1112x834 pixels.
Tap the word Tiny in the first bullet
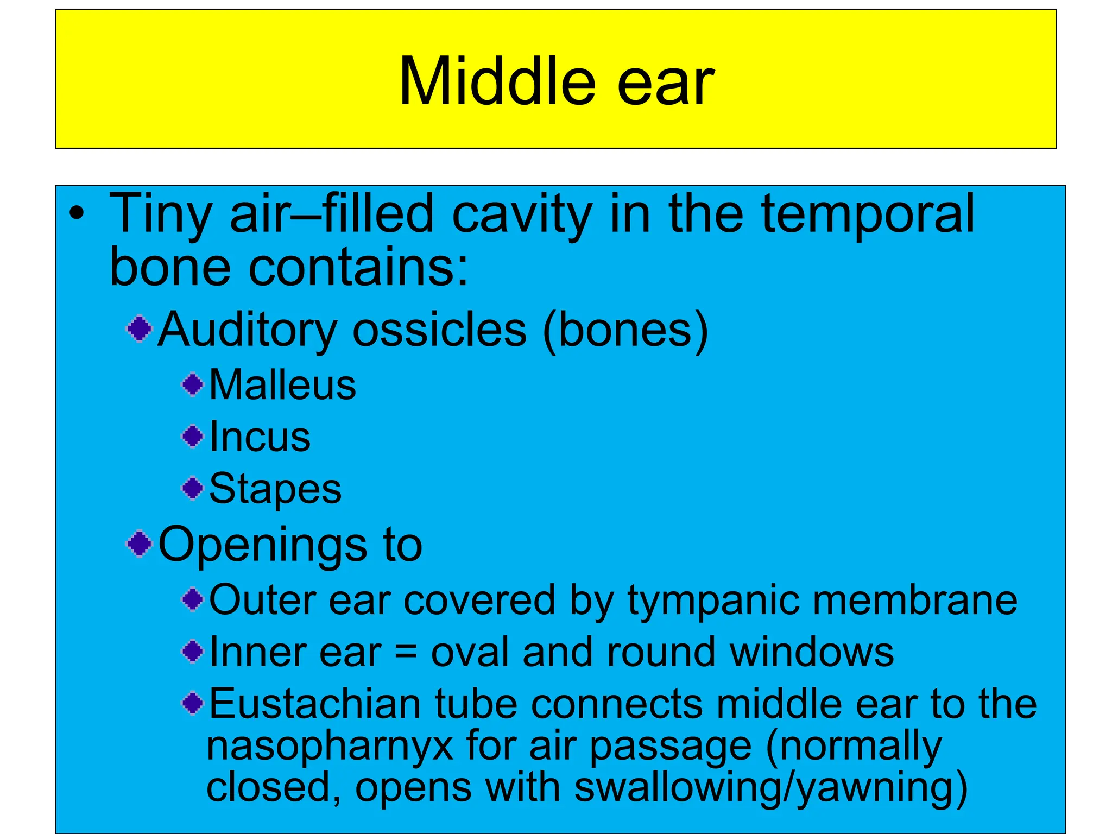click(160, 214)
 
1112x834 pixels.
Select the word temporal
click(868, 214)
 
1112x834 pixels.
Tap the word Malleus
click(282, 385)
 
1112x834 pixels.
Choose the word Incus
click(260, 437)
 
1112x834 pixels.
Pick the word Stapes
click(275, 489)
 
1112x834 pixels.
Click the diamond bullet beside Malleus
click(192, 385)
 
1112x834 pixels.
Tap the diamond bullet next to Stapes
click(192, 488)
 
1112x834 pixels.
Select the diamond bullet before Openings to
click(140, 544)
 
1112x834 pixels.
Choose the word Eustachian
click(315, 704)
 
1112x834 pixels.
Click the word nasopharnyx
click(330, 747)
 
